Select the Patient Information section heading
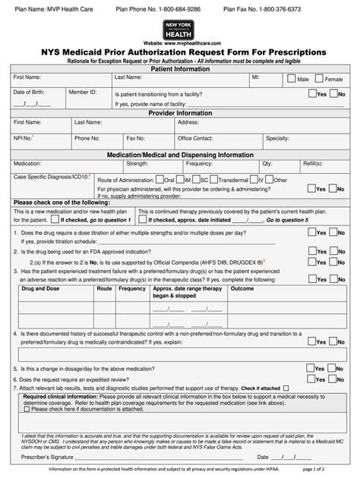pyautogui.click(x=179, y=68)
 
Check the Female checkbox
pyautogui.click(x=319, y=79)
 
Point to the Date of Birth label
pyautogui.click(x=29, y=92)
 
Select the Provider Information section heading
pyautogui.click(x=179, y=112)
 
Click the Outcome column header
pyautogui.click(x=242, y=289)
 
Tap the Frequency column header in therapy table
pyautogui.click(x=132, y=289)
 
